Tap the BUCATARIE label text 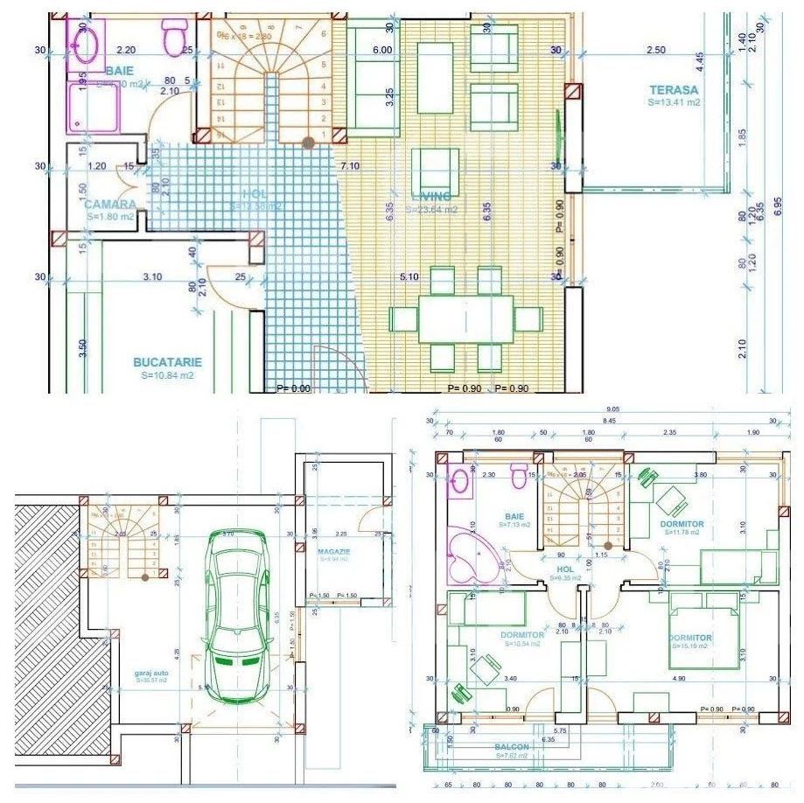167,361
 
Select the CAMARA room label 110,204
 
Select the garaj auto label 150,674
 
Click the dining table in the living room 465,319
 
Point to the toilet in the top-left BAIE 171,37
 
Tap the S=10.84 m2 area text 167,374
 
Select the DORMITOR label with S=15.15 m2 690,638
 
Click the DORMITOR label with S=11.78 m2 682,523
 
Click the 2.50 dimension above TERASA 655,51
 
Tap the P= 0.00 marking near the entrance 293,388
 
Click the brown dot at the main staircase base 307,141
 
